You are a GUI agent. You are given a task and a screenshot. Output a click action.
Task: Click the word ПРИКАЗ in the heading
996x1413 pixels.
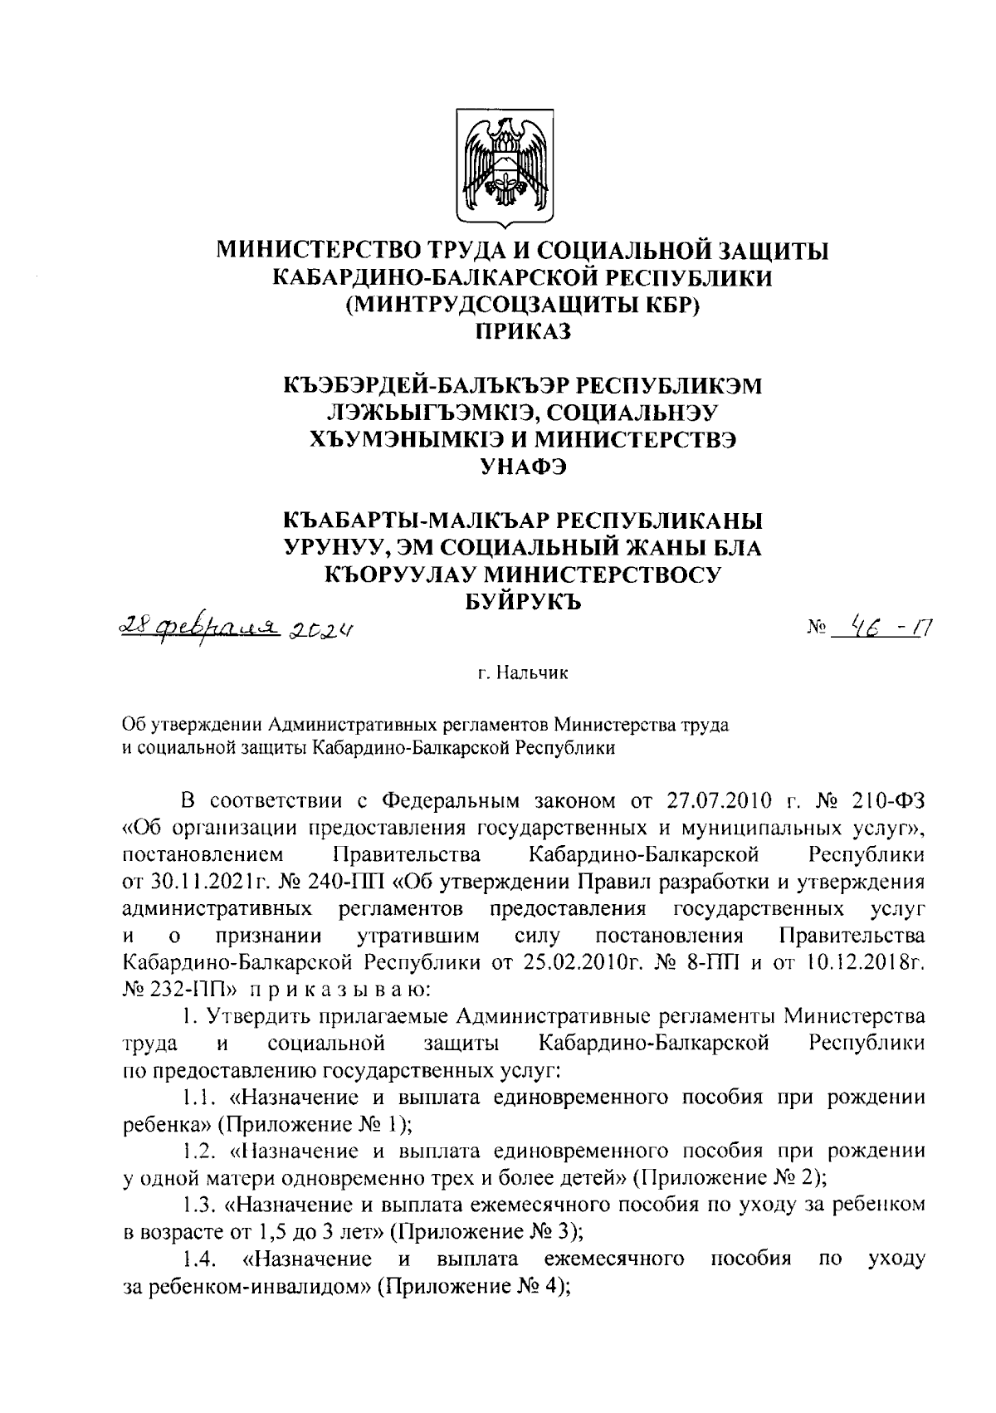pyautogui.click(x=523, y=333)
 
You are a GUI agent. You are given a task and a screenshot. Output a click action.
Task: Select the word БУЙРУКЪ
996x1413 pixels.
pyautogui.click(x=523, y=604)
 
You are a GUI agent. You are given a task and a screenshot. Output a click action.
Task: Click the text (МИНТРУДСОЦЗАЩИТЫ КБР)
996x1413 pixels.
pyautogui.click(x=523, y=305)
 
